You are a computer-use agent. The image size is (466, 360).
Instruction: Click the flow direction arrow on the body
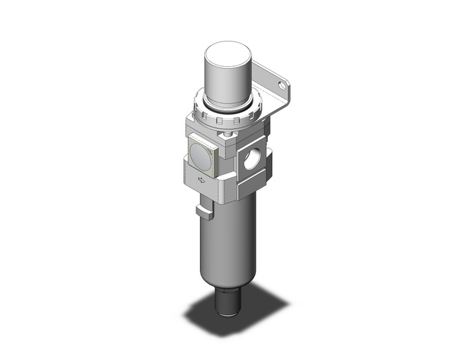click(201, 180)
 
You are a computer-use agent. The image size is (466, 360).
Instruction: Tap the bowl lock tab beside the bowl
click(204, 212)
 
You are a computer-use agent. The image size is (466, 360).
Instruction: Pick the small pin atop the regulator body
click(229, 134)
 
